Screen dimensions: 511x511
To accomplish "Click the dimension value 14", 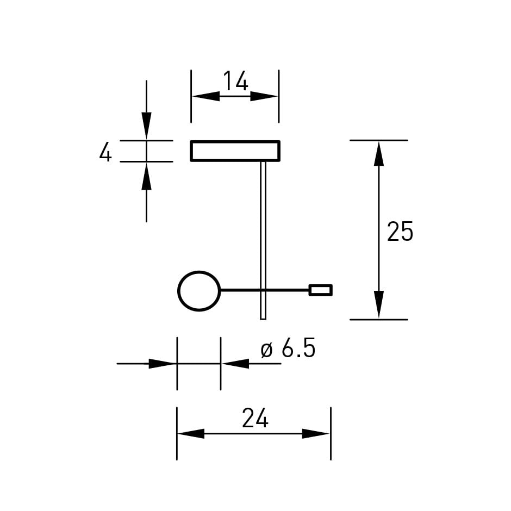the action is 235,81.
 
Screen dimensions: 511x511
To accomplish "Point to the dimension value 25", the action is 400,232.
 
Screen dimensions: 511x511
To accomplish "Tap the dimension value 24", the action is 255,418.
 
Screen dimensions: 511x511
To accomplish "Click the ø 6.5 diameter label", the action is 288,348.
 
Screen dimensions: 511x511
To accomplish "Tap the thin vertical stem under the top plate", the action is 263,240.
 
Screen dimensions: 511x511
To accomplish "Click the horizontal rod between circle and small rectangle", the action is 265,289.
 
